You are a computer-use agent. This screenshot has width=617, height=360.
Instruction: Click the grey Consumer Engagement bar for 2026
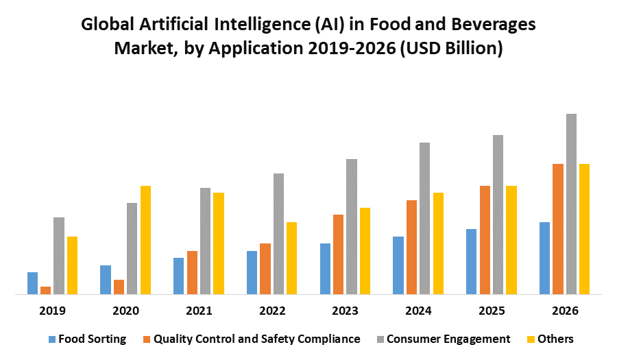[571, 204]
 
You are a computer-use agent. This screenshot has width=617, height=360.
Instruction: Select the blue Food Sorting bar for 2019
[32, 283]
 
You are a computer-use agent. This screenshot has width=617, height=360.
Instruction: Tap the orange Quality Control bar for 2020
[119, 287]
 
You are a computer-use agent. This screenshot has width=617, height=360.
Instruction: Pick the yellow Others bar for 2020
[145, 240]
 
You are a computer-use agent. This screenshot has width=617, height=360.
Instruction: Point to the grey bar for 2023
[352, 226]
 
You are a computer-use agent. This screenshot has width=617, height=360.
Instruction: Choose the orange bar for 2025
[485, 240]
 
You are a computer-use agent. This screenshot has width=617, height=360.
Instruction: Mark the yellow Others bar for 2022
[291, 258]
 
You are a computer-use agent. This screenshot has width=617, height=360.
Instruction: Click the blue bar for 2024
[398, 265]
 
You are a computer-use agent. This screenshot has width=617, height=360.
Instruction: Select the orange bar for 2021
[192, 272]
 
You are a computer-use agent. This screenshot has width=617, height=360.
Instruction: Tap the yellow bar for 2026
[584, 229]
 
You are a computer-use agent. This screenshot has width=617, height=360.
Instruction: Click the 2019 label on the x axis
[53, 311]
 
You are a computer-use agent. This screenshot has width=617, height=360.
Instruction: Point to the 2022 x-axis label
[272, 311]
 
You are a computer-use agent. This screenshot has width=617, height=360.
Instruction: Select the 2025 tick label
[492, 311]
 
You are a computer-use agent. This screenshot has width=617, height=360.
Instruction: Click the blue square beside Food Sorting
[51, 339]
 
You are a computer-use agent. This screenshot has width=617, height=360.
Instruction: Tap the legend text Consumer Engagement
[448, 339]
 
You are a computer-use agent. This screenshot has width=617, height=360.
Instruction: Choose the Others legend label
[556, 339]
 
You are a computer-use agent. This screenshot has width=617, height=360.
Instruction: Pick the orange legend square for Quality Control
[147, 339]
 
